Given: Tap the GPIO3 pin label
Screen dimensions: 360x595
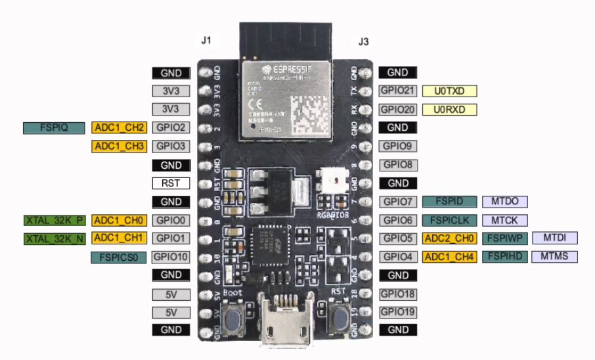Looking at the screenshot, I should coord(171,146).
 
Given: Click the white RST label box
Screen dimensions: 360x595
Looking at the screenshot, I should coord(171,183).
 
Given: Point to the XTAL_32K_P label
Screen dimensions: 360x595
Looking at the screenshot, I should coord(54,220).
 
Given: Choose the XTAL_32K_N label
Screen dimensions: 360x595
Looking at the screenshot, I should coord(54,238).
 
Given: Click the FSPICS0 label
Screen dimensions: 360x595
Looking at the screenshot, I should coord(118,257).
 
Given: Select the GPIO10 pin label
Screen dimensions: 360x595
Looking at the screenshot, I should coord(171,257).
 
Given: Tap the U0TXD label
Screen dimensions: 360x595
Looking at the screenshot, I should coord(449,91).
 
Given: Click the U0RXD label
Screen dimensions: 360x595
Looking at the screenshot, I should coord(449,109).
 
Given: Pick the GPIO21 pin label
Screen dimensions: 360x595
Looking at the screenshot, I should coord(397,91).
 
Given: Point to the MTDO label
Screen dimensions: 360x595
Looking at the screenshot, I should coord(505,202).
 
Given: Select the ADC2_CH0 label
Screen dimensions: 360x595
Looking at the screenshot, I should coord(449,238).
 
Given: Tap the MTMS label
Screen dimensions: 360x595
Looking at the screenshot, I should coord(554,257).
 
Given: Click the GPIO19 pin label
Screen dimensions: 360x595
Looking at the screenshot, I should coord(397,312).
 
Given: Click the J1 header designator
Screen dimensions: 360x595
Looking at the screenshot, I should coord(206,41).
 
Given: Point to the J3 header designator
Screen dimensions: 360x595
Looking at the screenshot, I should coord(363,41).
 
